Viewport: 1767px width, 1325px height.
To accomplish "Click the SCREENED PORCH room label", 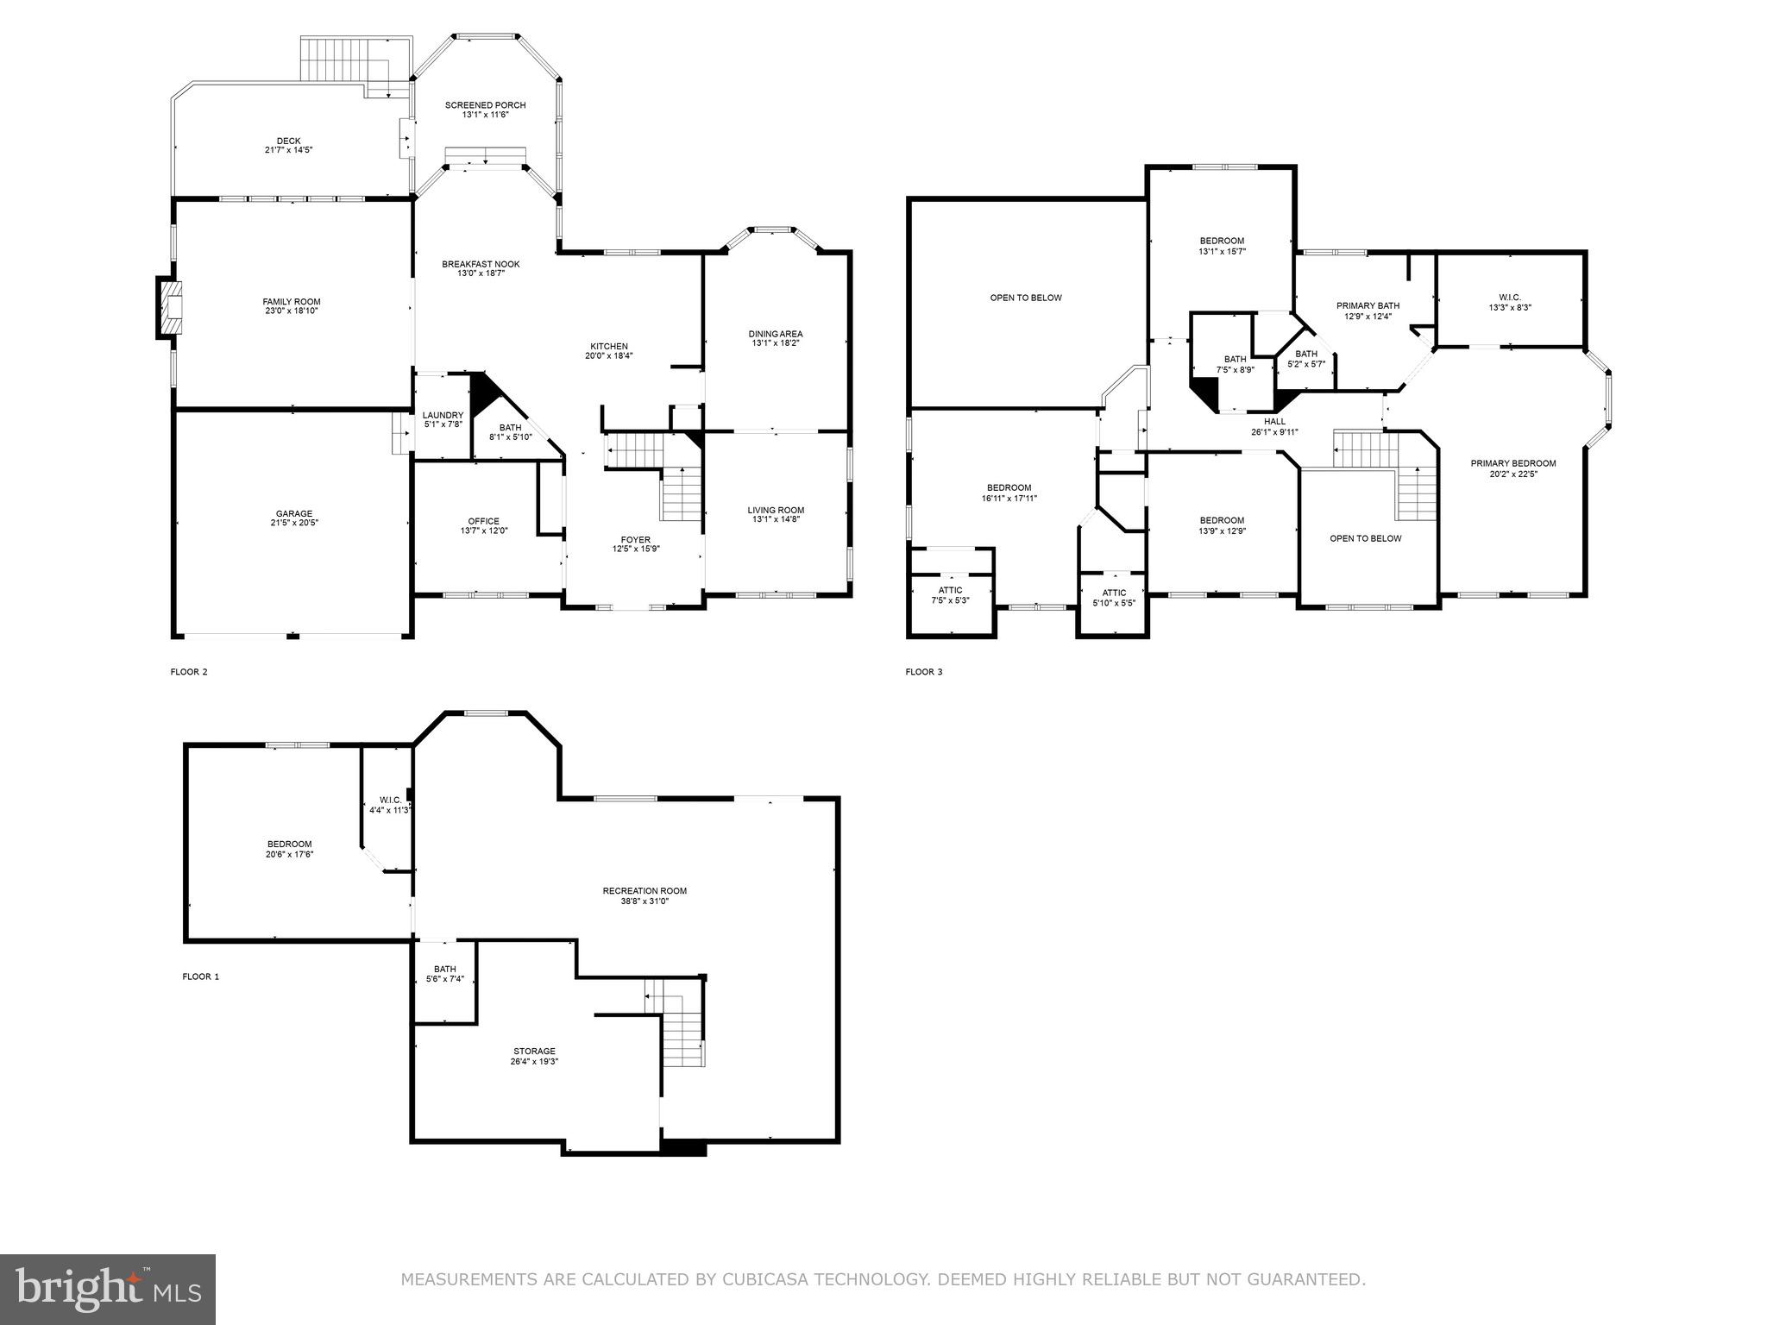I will [485, 105].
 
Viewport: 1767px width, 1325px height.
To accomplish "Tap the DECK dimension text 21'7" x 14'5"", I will [288, 150].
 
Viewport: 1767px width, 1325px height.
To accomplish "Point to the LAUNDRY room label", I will [443, 415].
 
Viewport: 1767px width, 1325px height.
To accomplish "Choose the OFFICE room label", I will [483, 521].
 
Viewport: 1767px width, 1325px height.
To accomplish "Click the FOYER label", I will [636, 540].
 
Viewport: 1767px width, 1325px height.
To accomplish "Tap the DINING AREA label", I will [775, 334].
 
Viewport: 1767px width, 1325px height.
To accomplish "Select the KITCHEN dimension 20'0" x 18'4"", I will [609, 356].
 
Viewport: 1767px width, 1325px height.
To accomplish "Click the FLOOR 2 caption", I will [189, 672].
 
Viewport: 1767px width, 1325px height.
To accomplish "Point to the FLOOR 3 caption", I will [924, 672].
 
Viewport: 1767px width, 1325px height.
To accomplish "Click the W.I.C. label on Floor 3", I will [1509, 298].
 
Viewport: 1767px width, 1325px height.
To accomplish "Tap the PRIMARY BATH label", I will [1368, 305].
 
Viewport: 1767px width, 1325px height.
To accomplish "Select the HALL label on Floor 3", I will [1274, 422].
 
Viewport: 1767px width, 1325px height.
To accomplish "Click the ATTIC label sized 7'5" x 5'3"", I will [950, 590].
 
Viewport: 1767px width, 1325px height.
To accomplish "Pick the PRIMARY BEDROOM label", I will [1513, 463].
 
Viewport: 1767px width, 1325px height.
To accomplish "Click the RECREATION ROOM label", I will [645, 891].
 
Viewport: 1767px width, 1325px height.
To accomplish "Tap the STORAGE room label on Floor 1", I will [534, 1052].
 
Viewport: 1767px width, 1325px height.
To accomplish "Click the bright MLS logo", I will [108, 1289].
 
